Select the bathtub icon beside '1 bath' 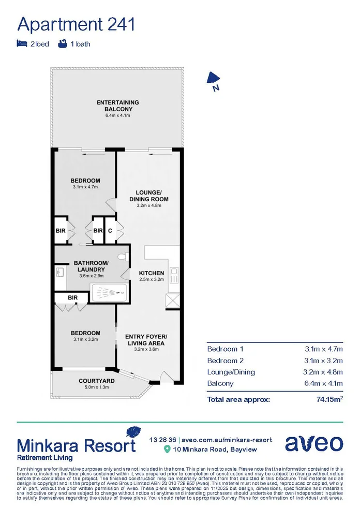63,44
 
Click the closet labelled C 110,230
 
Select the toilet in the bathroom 122,257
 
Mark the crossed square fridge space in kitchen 172,301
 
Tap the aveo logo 313,443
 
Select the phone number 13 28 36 162,439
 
